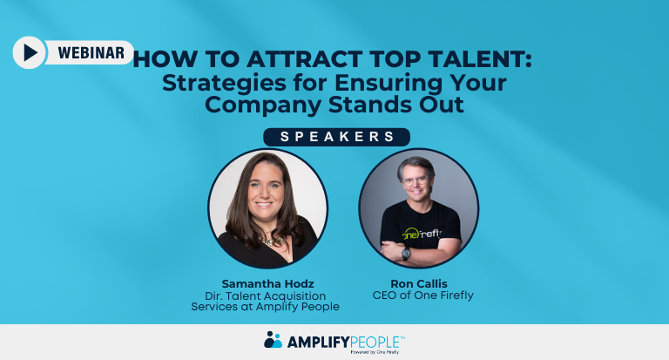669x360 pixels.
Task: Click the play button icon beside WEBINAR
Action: [30, 53]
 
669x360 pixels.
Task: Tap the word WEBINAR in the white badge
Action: [91, 52]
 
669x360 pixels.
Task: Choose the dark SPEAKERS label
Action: [336, 137]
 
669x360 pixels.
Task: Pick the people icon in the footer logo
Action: [273, 339]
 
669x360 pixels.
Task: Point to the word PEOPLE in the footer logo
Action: [375, 340]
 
